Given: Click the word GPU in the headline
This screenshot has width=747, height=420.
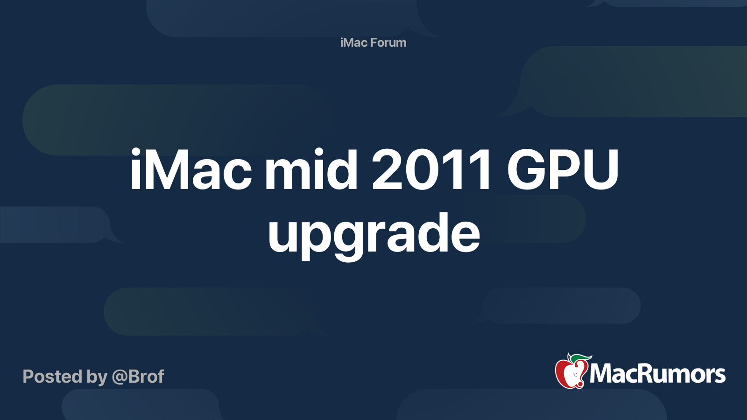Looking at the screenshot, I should (x=563, y=170).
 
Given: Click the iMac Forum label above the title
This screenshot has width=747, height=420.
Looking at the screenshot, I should (x=373, y=42).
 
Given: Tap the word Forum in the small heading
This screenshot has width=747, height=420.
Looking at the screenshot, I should (x=388, y=42).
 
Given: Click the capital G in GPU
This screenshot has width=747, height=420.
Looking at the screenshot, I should (x=528, y=170).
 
